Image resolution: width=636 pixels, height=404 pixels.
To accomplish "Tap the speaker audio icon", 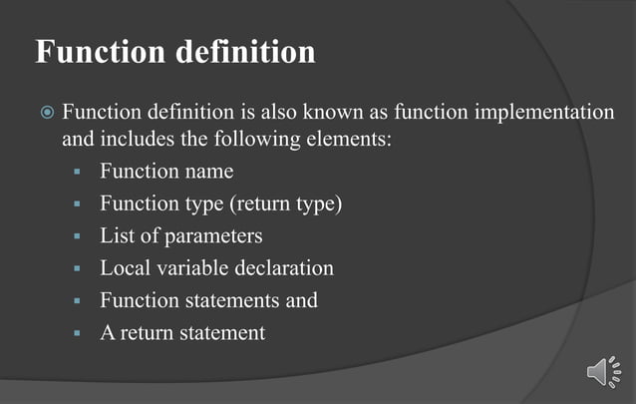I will tap(603, 372).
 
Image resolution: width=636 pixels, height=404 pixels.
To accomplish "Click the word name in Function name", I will tap(208, 172).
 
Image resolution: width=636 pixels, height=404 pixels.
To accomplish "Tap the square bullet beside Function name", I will tap(77, 173).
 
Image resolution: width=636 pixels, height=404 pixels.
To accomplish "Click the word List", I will tap(118, 236).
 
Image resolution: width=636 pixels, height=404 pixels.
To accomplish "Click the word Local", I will tap(124, 268).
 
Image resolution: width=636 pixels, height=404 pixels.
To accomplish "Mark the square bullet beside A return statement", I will tap(77, 333).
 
